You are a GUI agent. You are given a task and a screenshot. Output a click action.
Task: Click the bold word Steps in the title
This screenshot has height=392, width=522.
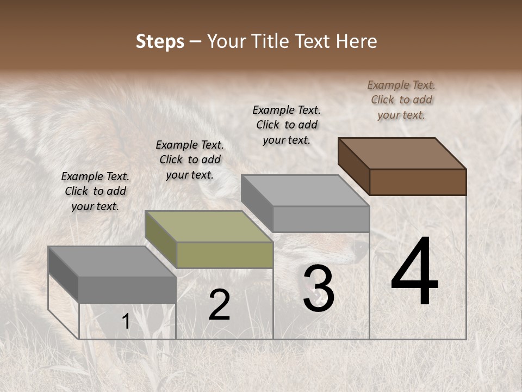[160, 42]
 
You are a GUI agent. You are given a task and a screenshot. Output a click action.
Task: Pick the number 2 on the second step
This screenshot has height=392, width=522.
[219, 305]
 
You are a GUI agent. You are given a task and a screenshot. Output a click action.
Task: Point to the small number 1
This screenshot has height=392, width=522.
[126, 322]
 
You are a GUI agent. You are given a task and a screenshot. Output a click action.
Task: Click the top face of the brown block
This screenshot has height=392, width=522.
[402, 153]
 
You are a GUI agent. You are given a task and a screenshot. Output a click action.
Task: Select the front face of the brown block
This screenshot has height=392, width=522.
[418, 182]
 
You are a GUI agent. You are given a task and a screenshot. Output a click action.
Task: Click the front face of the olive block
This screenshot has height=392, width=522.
[225, 255]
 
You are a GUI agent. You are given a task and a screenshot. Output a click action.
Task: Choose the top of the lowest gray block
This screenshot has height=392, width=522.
[112, 261]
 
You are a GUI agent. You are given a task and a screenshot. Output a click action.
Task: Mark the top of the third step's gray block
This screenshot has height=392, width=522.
[305, 191]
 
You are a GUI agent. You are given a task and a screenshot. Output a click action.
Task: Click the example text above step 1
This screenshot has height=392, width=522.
[95, 191]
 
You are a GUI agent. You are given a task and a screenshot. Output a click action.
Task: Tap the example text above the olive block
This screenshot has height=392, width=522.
[189, 160]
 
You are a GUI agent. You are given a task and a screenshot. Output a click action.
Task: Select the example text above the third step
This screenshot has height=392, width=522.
[287, 125]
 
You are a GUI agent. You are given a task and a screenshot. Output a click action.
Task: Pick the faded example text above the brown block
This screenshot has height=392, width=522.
[401, 100]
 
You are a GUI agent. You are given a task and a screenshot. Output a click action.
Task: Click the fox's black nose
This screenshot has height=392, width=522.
[361, 248]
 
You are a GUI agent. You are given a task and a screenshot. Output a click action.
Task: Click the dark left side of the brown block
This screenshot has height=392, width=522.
[354, 166]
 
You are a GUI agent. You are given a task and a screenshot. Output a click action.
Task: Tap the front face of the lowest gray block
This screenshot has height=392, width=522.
[127, 290]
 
